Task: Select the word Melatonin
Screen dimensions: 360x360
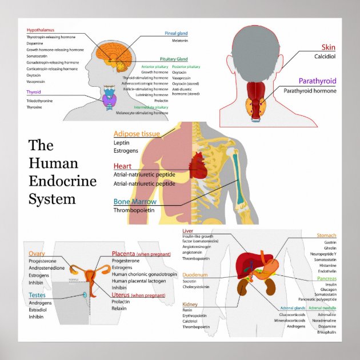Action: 180,41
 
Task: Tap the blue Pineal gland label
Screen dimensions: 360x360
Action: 176,33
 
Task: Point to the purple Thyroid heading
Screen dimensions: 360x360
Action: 34,91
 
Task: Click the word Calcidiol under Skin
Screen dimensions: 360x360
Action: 324,57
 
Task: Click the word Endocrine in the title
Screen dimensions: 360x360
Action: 62,182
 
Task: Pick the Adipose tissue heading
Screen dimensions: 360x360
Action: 137,134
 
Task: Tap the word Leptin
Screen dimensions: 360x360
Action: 122,142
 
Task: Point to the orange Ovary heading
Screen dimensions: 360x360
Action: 37,253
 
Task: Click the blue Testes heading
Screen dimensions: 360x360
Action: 37,295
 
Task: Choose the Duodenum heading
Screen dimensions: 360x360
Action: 195,275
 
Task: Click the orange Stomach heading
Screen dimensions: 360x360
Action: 326,235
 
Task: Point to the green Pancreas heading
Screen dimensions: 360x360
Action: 326,278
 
